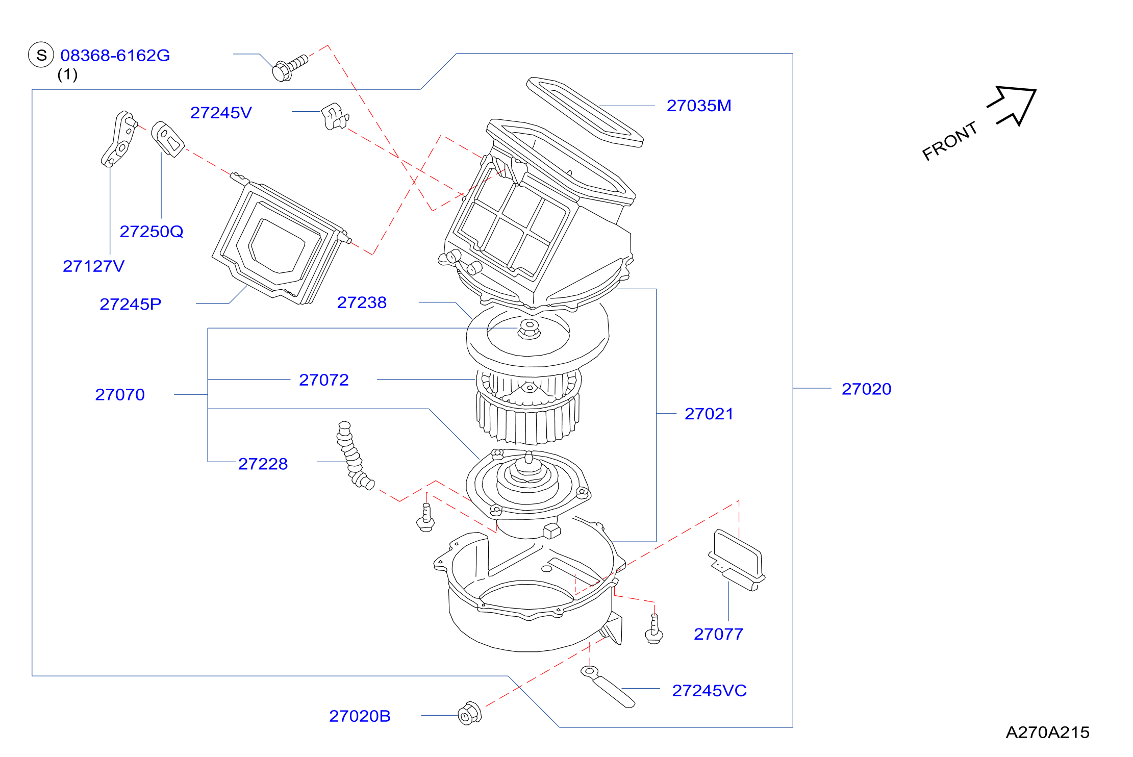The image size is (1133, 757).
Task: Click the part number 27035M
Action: coord(699,106)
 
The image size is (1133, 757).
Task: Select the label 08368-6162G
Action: coord(115,55)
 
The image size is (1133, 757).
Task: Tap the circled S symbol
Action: coord(41,55)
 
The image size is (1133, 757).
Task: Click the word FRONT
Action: coord(950,141)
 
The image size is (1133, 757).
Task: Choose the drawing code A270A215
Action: coord(1047,732)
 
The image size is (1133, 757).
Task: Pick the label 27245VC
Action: coord(709,690)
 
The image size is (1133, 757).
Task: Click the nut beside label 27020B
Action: coord(469,713)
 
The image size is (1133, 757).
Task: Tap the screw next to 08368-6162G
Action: coord(290,68)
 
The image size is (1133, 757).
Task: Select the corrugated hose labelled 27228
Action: coord(353,456)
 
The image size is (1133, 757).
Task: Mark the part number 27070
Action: coord(120,394)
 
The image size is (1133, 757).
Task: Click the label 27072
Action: coord(324,380)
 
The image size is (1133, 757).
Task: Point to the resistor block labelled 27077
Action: coord(737,560)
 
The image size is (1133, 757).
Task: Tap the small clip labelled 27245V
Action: coord(335,116)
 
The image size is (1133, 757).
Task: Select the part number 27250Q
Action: coord(152,231)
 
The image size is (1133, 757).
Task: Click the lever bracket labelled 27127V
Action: coord(119,139)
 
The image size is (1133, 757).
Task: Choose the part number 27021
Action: coord(709,414)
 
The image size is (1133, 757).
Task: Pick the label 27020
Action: coord(866,389)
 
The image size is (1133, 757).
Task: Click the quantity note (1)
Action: coord(67,74)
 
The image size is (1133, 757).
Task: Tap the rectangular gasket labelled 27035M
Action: coord(585,112)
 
